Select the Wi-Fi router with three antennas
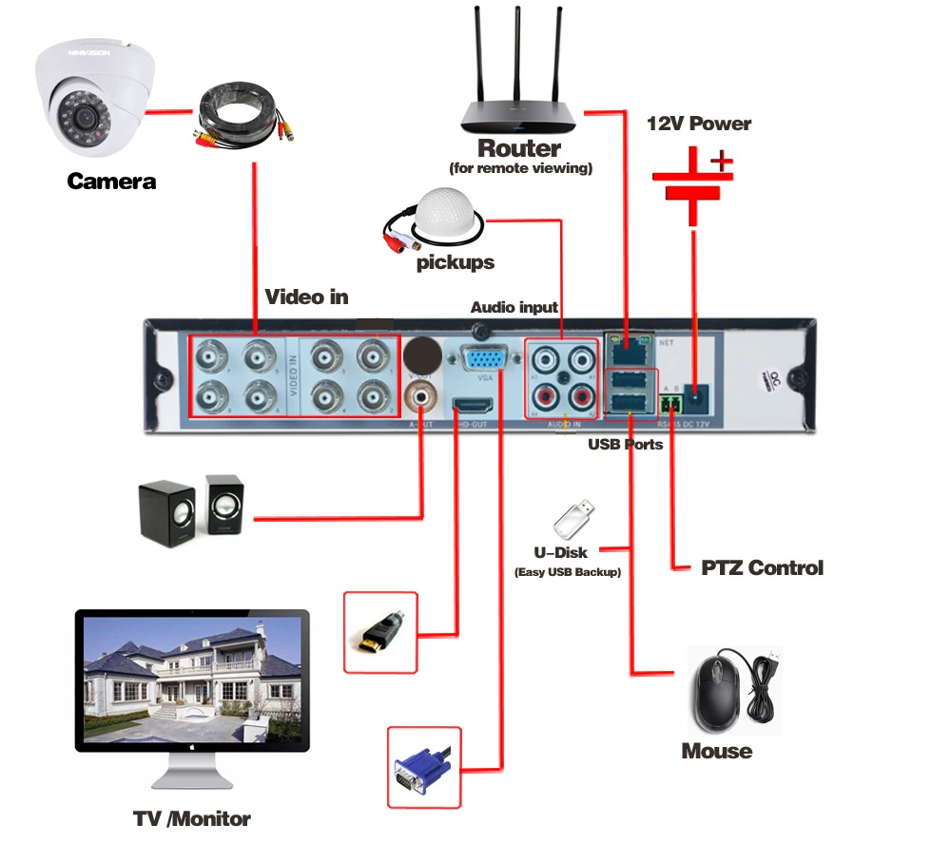[519, 95]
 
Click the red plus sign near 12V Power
[722, 161]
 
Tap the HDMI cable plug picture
[381, 631]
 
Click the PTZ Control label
[762, 568]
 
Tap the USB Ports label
[625, 444]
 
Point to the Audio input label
[514, 307]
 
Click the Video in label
[306, 297]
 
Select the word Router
[519, 148]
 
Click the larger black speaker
[167, 513]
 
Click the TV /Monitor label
[192, 817]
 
